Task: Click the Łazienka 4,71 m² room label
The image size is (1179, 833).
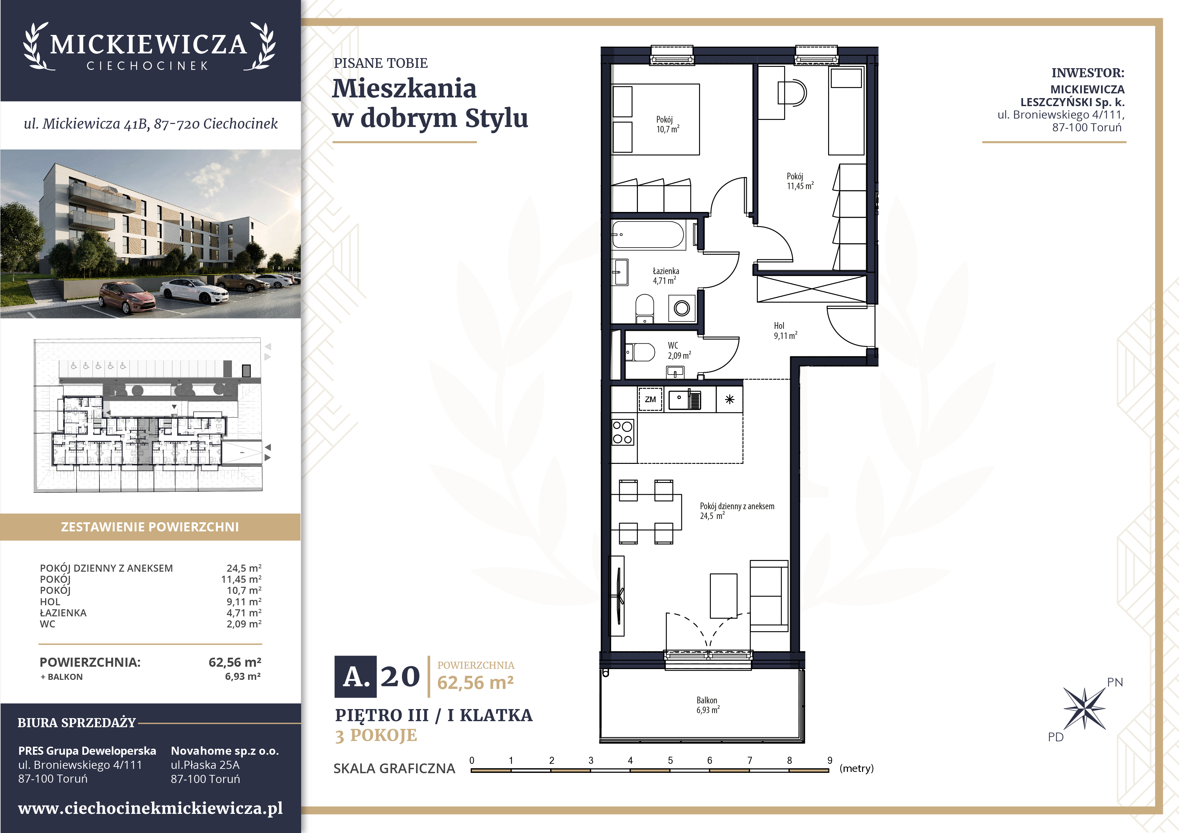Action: click(x=665, y=276)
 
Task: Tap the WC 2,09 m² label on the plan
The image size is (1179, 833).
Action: click(x=679, y=351)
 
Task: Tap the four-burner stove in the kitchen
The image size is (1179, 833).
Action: click(x=622, y=432)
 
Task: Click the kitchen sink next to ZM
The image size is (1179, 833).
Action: click(x=685, y=400)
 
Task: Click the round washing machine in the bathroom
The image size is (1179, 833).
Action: click(x=682, y=308)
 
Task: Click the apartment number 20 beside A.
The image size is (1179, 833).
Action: click(x=400, y=676)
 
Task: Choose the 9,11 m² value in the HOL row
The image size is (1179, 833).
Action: click(x=244, y=602)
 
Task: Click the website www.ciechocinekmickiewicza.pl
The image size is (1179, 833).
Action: click(x=151, y=808)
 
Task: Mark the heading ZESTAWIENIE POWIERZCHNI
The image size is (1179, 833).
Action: click(x=150, y=527)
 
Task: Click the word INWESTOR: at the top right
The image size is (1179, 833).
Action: click(x=1088, y=73)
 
